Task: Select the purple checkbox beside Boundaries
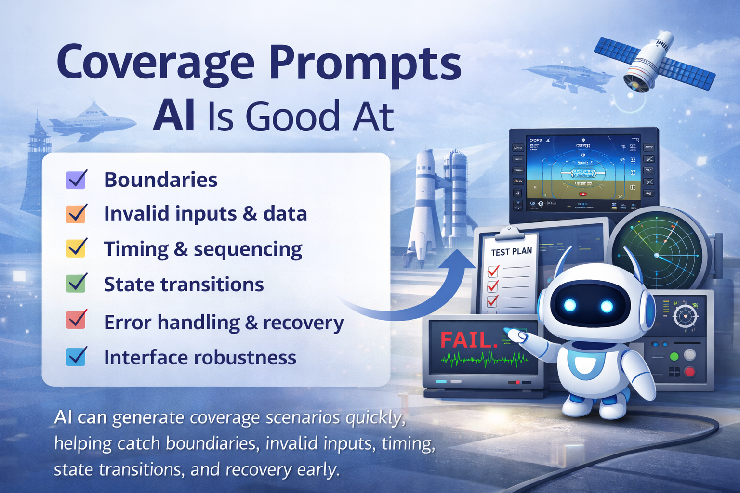tap(76, 180)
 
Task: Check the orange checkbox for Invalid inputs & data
tap(76, 214)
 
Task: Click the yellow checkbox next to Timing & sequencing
tap(76, 248)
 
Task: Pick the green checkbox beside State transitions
tap(76, 284)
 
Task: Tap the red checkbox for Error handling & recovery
tap(76, 320)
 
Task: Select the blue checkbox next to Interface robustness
tap(76, 357)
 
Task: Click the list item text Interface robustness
tap(200, 358)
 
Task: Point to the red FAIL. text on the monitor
tap(468, 340)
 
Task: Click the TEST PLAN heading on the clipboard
tap(511, 252)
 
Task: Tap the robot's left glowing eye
tap(570, 305)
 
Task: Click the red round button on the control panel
tap(690, 371)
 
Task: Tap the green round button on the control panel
tap(674, 357)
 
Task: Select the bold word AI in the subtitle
tap(173, 117)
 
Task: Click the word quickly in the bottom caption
tap(374, 418)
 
